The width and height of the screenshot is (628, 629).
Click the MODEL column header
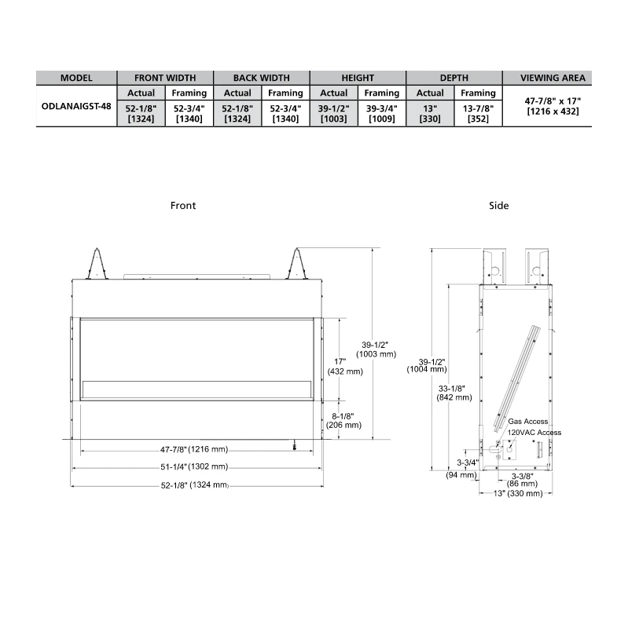[x=76, y=78]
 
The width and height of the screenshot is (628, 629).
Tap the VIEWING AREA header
[x=553, y=78]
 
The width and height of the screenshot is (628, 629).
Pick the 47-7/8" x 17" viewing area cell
[x=553, y=106]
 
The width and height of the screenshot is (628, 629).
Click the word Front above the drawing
[x=183, y=206]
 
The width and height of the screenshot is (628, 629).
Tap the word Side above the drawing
[x=498, y=206]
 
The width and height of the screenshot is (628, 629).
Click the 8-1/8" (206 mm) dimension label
[x=344, y=419]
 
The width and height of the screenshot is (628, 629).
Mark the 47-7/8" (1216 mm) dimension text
[x=194, y=450]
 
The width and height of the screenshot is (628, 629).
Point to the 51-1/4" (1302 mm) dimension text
[x=194, y=466]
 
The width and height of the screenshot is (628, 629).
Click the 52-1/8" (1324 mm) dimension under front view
[x=194, y=485]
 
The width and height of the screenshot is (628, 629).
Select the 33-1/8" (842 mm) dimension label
[x=454, y=392]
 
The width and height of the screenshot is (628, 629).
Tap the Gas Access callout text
[x=528, y=422]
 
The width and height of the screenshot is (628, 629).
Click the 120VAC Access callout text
[x=534, y=433]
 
